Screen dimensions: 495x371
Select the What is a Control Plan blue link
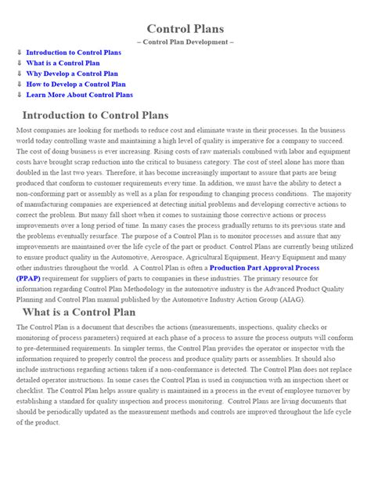tap(64, 63)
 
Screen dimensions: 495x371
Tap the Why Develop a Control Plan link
tap(73, 74)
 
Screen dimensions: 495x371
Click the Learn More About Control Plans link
tap(79, 95)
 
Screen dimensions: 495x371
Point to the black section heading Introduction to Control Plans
tap(112, 116)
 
